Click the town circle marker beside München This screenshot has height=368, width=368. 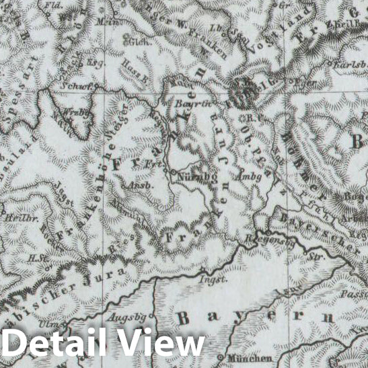pyautogui.click(x=221, y=357)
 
